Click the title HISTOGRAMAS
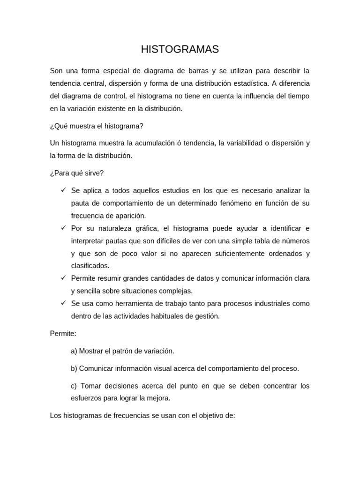point(180,49)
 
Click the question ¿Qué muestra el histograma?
point(97,126)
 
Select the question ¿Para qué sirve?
point(77,173)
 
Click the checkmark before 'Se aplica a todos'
point(63,190)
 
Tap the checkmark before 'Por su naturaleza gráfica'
point(63,228)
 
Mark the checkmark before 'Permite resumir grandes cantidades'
point(63,278)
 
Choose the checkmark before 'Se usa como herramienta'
point(63,303)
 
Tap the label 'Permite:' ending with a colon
point(63,333)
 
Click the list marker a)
point(74,351)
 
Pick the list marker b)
point(74,368)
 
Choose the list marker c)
point(74,386)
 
